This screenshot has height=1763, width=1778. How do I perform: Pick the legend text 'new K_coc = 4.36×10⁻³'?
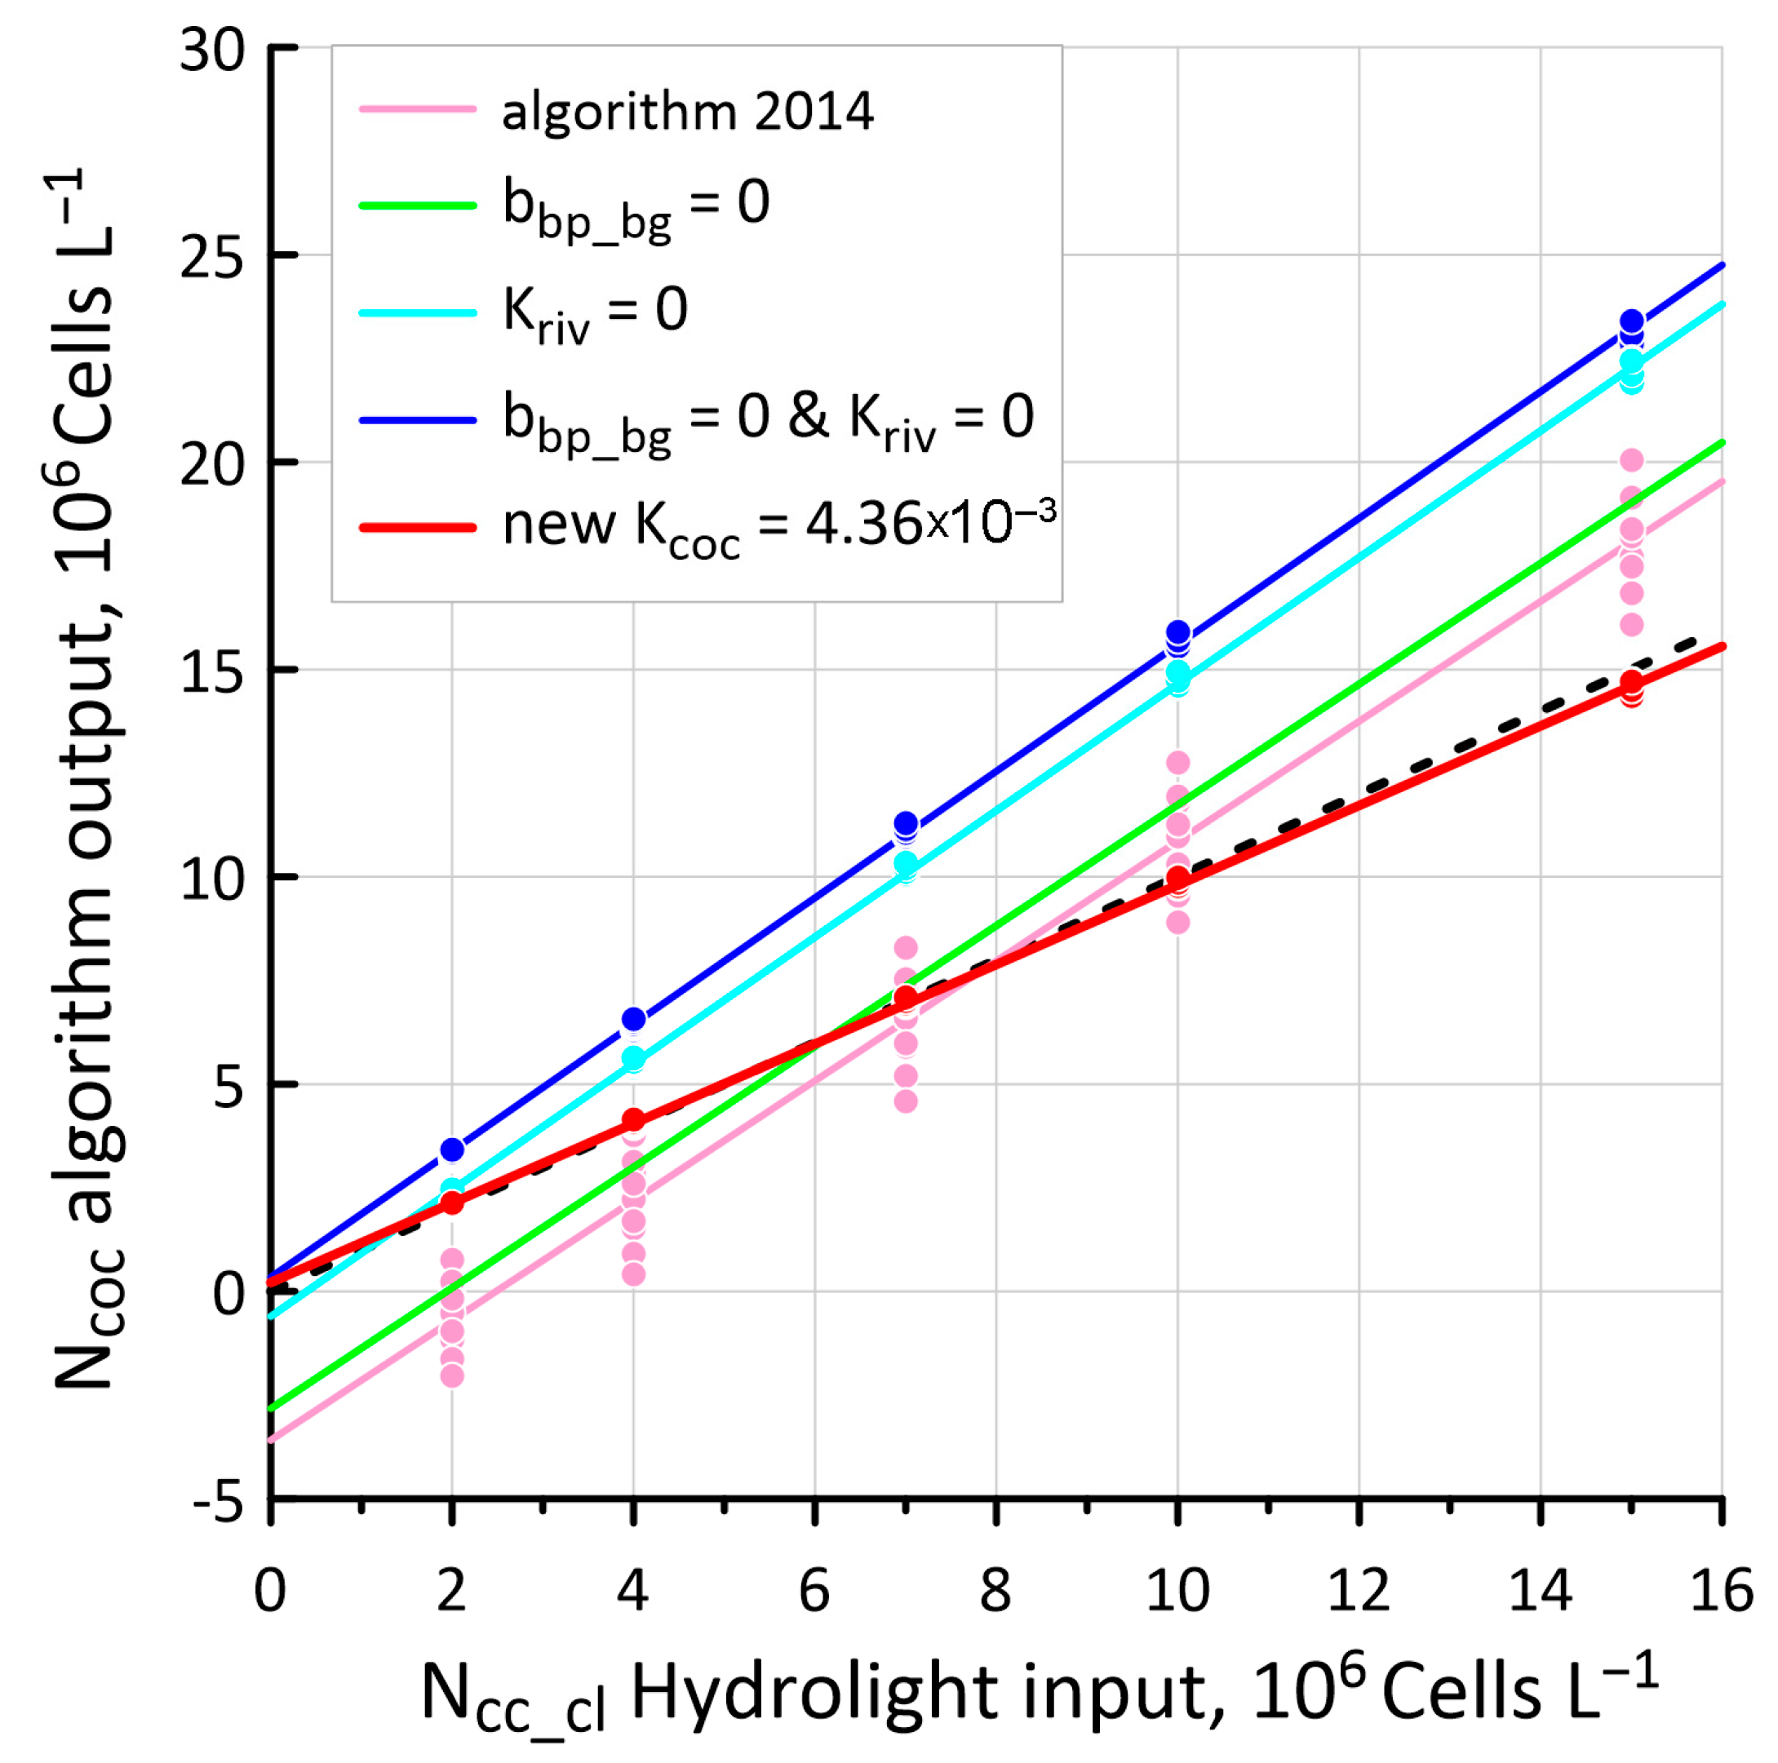(778, 526)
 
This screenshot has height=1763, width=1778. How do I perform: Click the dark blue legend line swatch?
(417, 419)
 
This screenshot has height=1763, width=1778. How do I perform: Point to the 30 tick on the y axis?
(214, 50)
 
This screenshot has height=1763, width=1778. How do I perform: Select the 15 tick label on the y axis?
(214, 672)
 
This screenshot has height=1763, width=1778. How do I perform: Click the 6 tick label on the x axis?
(814, 1589)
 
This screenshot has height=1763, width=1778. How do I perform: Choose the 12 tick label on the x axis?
(1359, 1589)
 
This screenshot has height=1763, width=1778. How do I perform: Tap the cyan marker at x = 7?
(906, 863)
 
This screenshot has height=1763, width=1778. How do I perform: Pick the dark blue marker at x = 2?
(452, 1149)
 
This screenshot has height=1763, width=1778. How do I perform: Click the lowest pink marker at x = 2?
(452, 1375)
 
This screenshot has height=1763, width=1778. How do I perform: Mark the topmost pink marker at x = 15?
(1632, 460)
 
